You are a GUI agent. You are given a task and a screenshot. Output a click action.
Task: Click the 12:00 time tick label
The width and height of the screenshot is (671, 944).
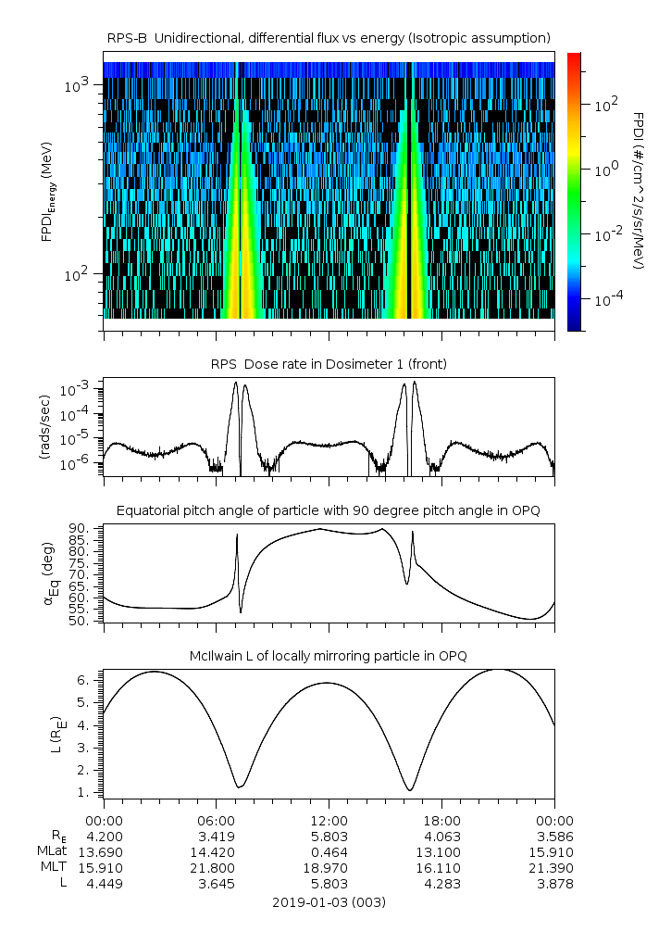pos(329,820)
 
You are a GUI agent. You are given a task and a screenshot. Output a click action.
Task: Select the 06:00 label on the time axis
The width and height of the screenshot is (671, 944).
pos(217,820)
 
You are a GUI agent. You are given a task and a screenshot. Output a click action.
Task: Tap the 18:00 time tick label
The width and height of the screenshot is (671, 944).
pos(441,820)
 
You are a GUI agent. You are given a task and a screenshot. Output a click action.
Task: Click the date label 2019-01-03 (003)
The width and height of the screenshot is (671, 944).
pos(329,901)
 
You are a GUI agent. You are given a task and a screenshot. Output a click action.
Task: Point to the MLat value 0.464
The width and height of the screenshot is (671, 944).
pos(329,851)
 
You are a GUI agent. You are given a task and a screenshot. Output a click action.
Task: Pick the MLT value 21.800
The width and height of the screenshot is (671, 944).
pos(217,868)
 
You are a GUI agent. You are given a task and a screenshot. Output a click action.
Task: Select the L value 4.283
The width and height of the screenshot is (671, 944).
pos(441,885)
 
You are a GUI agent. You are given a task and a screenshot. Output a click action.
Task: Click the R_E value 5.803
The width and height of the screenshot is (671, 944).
pos(329,836)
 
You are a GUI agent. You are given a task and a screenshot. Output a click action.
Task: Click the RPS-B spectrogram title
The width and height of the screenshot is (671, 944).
pos(329,37)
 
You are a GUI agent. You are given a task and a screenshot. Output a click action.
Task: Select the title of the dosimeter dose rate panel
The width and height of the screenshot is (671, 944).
pos(329,364)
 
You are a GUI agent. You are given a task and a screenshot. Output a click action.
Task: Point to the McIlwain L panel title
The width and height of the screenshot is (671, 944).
pos(329,656)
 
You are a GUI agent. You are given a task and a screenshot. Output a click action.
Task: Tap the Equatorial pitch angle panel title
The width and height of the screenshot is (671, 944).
pos(329,510)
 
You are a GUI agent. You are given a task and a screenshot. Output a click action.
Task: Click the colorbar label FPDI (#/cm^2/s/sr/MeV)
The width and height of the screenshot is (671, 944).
pos(639,190)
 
